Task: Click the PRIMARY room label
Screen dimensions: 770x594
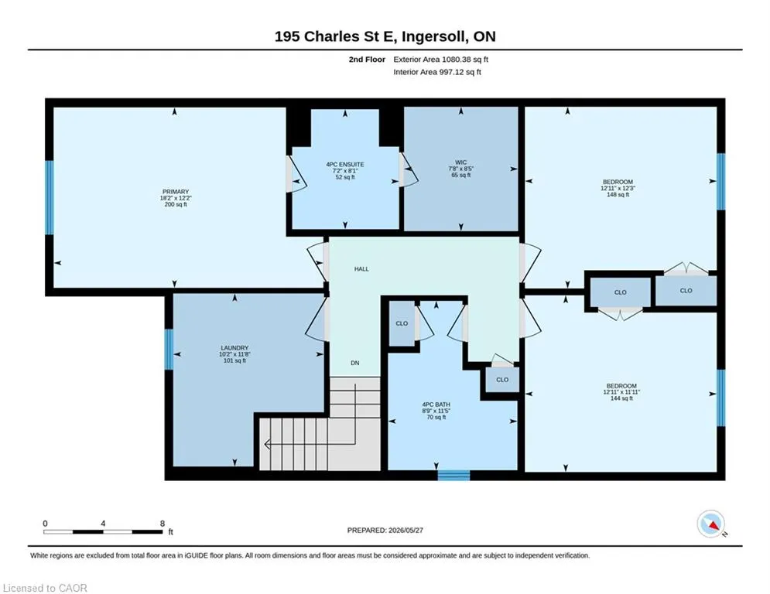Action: (x=176, y=192)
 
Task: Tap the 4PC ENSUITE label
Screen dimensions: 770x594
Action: (x=345, y=165)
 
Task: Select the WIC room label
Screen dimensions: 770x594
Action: (x=460, y=162)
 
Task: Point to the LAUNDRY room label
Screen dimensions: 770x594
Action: (x=234, y=348)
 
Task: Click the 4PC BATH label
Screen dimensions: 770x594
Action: (x=436, y=405)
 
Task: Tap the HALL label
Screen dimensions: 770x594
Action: (x=361, y=269)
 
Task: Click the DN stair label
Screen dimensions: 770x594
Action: (x=355, y=364)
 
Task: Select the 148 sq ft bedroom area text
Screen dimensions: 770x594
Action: (x=618, y=195)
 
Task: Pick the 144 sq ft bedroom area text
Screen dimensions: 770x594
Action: (x=621, y=398)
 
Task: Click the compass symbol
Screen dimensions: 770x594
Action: (x=711, y=524)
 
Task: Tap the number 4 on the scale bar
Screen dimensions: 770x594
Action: (x=103, y=524)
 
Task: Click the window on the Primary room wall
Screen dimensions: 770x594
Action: (x=49, y=198)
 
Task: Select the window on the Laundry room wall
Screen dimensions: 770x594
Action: (x=169, y=349)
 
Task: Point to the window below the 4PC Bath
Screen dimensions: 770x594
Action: (x=453, y=475)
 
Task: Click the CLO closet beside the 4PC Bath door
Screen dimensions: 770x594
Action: (x=402, y=323)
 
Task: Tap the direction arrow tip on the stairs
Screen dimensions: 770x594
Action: (x=265, y=444)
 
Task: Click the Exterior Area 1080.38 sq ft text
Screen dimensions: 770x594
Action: (x=440, y=60)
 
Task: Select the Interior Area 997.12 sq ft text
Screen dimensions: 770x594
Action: (x=437, y=72)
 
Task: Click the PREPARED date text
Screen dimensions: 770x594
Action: (x=385, y=530)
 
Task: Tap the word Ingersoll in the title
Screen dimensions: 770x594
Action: (x=435, y=37)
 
